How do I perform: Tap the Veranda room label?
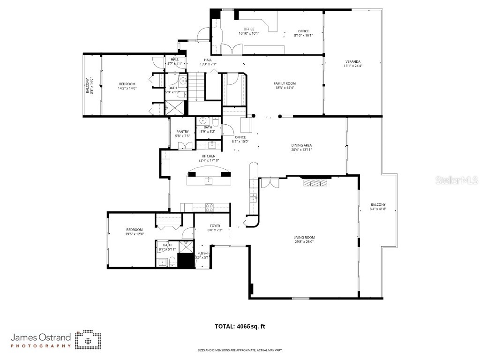pyautogui.click(x=353, y=64)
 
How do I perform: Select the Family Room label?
pyautogui.click(x=285, y=85)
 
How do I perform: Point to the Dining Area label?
pyautogui.click(x=301, y=148)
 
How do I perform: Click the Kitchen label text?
pyautogui.click(x=209, y=158)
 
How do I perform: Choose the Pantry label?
pyautogui.click(x=182, y=134)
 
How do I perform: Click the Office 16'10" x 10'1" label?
pyautogui.click(x=248, y=31)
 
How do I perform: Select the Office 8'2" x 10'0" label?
pyautogui.click(x=240, y=139)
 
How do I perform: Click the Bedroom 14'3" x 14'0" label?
pyautogui.click(x=127, y=86)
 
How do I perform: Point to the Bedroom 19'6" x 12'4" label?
pyautogui.click(x=134, y=232)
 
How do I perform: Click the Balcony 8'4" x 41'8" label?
pyautogui.click(x=378, y=207)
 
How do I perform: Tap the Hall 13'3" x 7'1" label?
pyautogui.click(x=208, y=62)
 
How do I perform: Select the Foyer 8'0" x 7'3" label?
pyautogui.click(x=215, y=228)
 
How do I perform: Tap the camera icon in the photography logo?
pyautogui.click(x=88, y=339)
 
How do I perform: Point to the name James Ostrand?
pyautogui.click(x=41, y=337)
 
